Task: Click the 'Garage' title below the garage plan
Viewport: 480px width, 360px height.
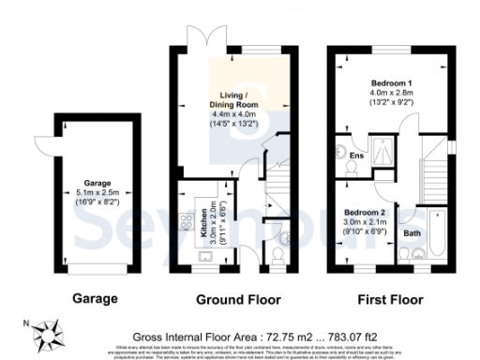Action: point(96,299)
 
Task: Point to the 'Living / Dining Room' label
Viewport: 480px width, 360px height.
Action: point(234,101)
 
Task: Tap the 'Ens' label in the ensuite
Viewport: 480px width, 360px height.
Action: point(356,156)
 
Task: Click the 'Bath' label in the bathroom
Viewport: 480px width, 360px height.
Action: point(412,232)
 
